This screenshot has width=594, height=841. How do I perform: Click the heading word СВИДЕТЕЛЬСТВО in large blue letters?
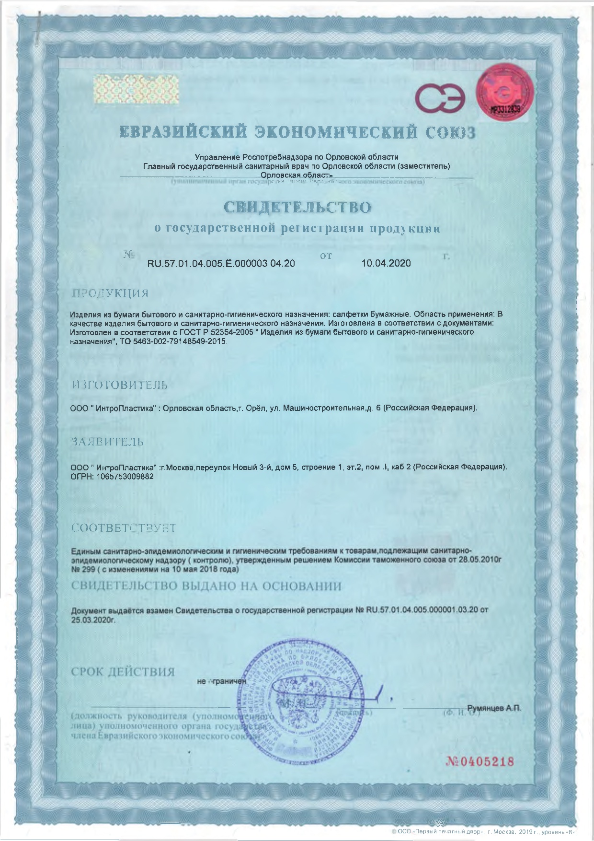pos(297,207)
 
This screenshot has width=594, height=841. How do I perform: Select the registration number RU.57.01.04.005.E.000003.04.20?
pos(221,263)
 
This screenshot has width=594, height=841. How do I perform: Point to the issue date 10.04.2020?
pos(386,263)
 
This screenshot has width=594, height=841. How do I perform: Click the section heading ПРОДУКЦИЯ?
pos(110,293)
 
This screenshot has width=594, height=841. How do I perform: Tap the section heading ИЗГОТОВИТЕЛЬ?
pos(120,385)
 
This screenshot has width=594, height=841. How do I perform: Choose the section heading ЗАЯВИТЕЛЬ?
pos(107,442)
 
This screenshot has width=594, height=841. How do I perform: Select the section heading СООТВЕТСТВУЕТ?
pos(124,528)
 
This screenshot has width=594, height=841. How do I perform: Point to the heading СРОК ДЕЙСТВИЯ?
pos(123,672)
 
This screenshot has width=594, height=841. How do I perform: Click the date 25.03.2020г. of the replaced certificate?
pos(93,619)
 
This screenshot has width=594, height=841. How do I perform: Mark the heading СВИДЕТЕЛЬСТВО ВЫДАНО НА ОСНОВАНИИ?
pos(206,586)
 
